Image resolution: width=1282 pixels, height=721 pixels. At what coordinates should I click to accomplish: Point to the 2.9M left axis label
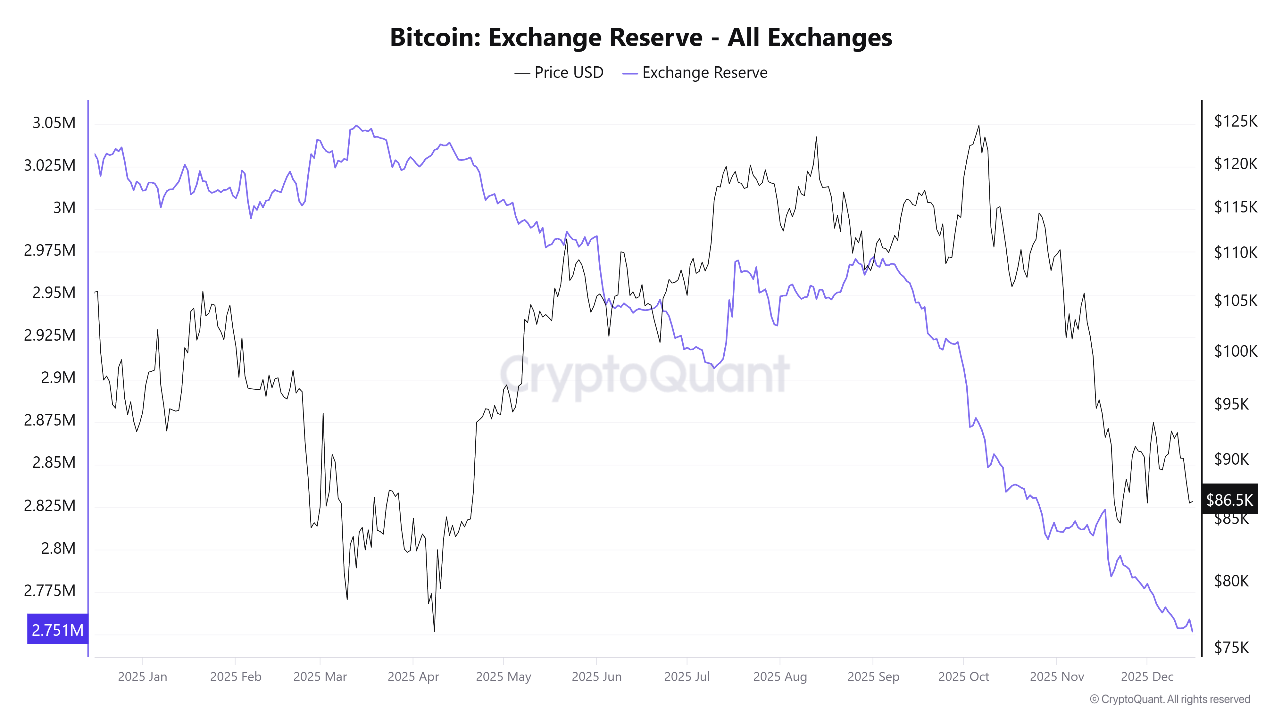pyautogui.click(x=58, y=378)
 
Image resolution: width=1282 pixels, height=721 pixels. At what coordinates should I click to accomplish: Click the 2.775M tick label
pyautogui.click(x=50, y=591)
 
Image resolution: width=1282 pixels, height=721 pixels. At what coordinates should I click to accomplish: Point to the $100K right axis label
pyautogui.click(x=1235, y=351)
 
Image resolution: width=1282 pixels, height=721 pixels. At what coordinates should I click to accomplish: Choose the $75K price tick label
pyautogui.click(x=1231, y=647)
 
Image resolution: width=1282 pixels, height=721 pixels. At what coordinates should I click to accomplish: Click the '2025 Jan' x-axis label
pyautogui.click(x=142, y=677)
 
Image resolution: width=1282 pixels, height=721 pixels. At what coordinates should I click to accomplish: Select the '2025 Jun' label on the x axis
pyautogui.click(x=596, y=677)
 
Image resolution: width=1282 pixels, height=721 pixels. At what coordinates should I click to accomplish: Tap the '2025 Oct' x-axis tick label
pyautogui.click(x=963, y=677)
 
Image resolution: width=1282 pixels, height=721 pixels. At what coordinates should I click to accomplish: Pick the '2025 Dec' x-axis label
pyautogui.click(x=1147, y=677)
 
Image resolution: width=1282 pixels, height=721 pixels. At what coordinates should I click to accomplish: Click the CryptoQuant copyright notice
pyautogui.click(x=1170, y=699)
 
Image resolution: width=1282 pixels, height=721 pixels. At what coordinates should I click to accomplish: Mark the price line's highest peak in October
pyautogui.click(x=978, y=126)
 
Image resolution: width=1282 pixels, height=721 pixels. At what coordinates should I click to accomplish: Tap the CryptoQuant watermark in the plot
pyautogui.click(x=645, y=374)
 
